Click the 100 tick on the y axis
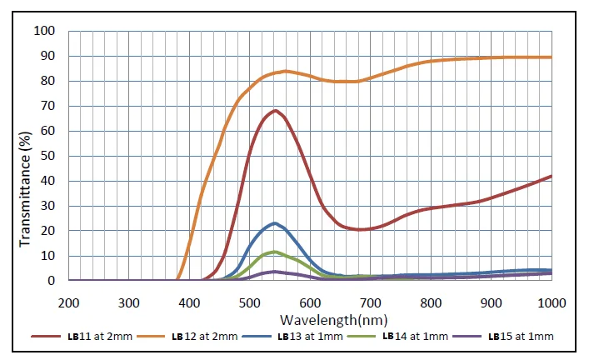[x=44, y=32]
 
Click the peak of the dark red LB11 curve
[x=274, y=110]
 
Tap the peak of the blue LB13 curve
[x=274, y=223]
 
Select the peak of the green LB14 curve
[x=274, y=252]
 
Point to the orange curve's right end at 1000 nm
[x=551, y=57]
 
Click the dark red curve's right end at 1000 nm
[x=551, y=176]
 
